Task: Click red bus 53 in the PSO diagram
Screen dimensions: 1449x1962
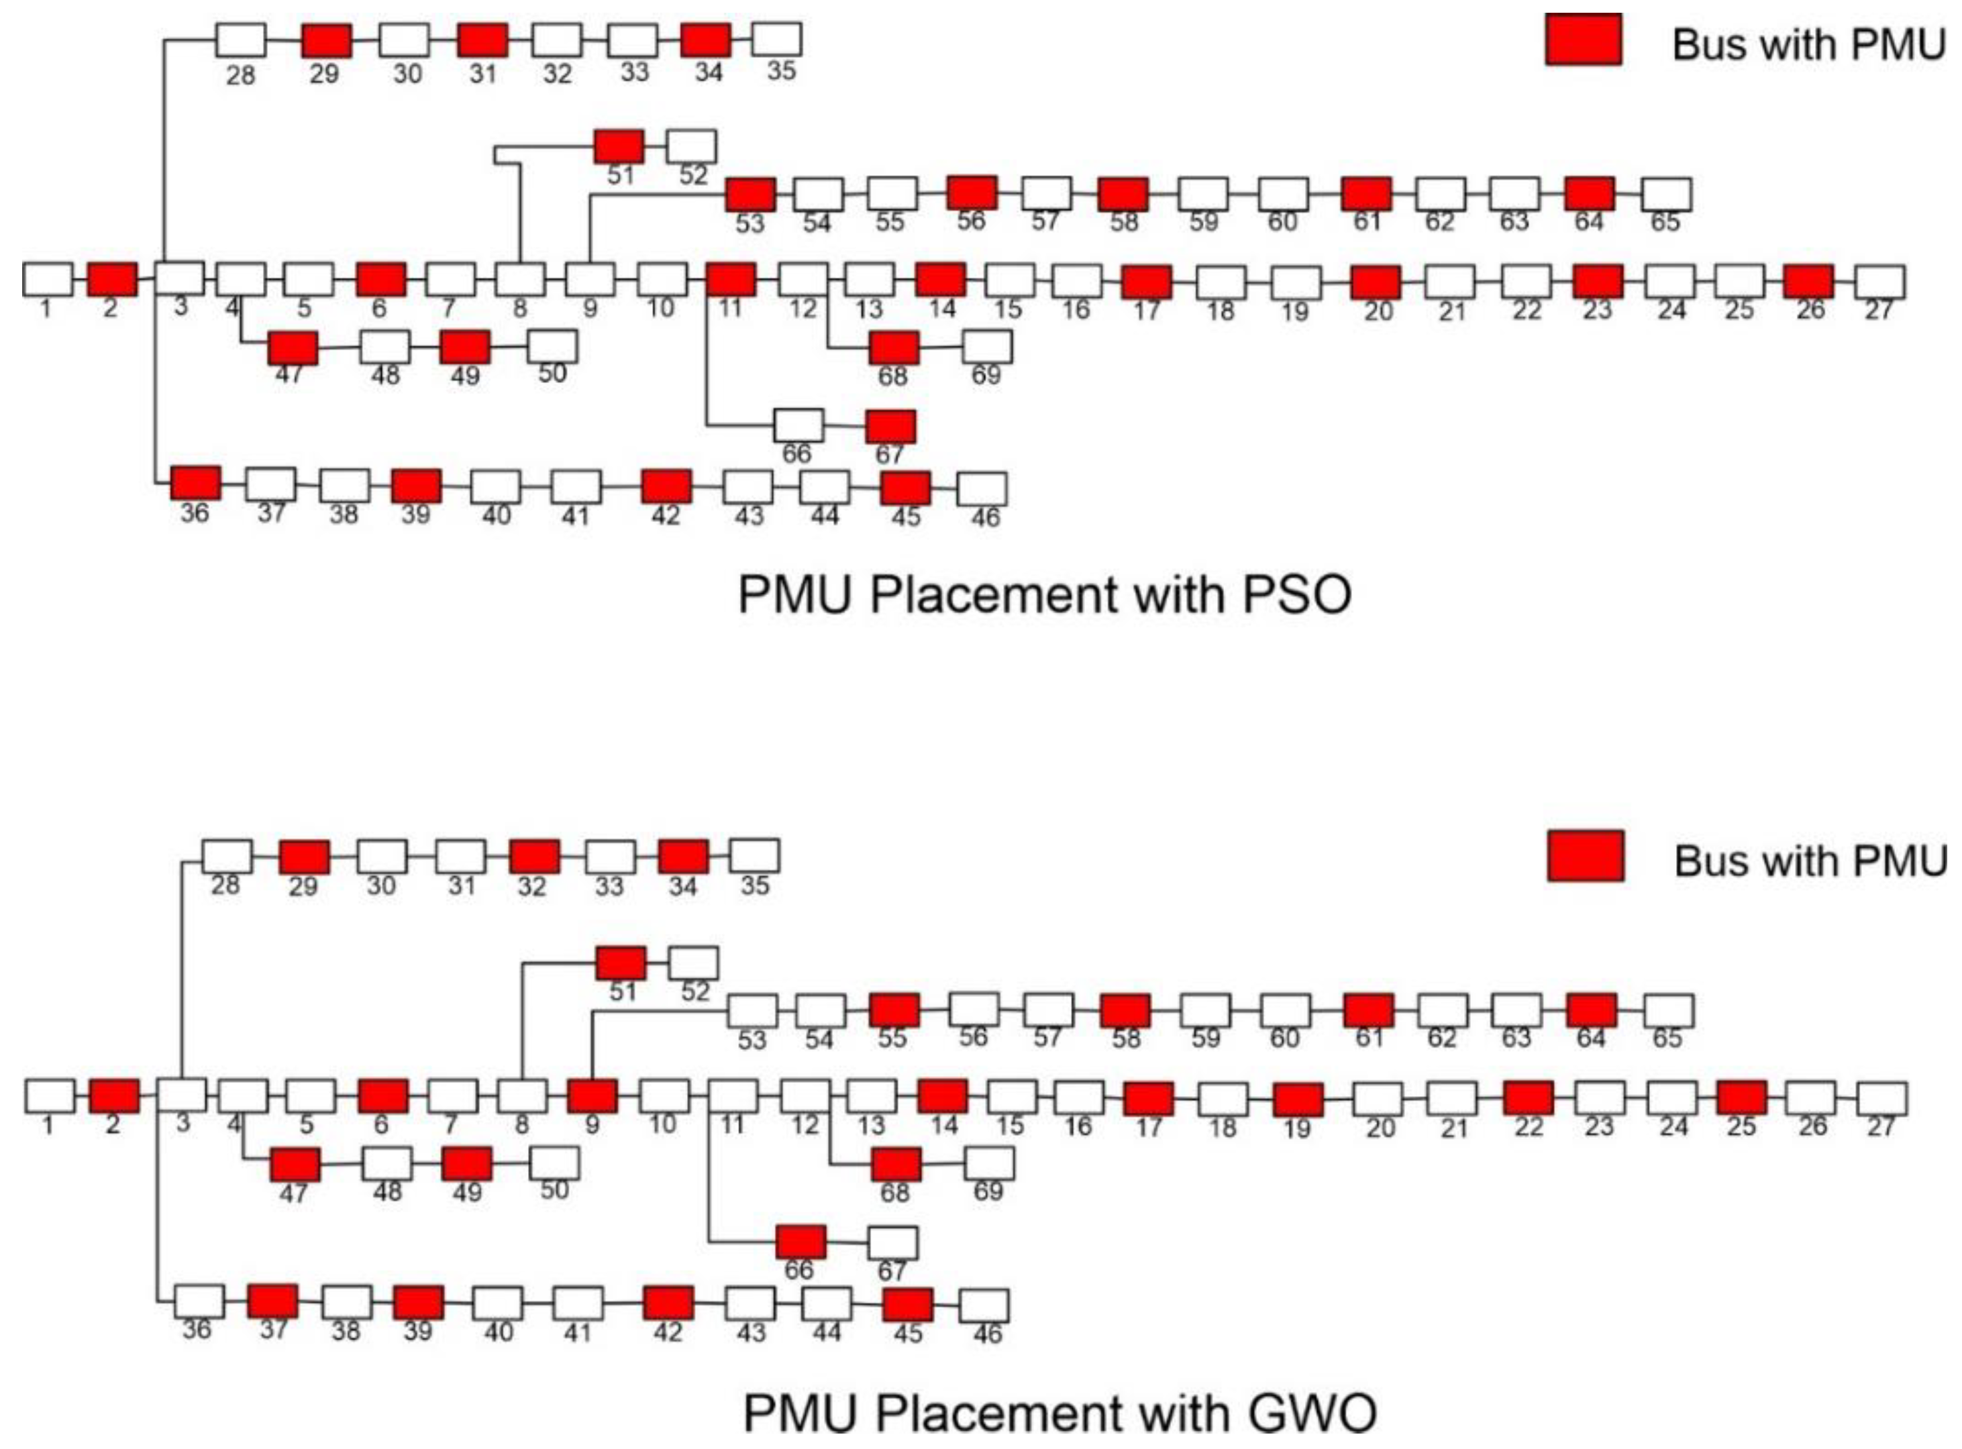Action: (750, 195)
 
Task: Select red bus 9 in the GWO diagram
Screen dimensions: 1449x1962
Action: (592, 1096)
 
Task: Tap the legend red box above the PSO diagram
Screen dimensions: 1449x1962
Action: (1583, 40)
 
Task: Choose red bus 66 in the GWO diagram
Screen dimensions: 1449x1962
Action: (801, 1242)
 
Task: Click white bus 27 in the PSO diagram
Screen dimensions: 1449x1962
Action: (1880, 282)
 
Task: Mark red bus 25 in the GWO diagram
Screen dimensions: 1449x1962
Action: (1741, 1097)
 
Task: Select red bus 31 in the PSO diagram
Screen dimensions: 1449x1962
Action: (482, 40)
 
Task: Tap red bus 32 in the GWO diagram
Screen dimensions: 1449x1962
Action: (533, 857)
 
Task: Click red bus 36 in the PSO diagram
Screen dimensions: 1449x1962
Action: (196, 482)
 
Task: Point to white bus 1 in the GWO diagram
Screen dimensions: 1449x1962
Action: (50, 1096)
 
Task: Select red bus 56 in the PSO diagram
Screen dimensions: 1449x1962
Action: (972, 193)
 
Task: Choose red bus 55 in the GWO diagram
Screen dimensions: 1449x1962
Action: (894, 1010)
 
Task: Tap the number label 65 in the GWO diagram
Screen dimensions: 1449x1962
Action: (1667, 1038)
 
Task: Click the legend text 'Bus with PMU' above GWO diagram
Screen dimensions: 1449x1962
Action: (1809, 861)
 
